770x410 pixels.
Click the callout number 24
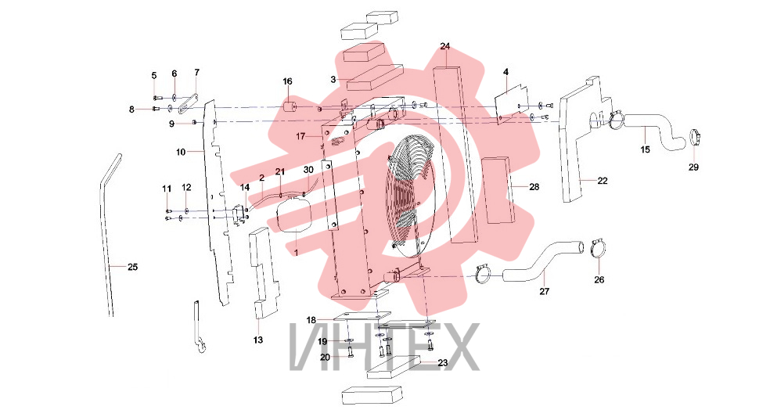(x=445, y=47)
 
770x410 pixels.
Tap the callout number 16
(x=287, y=81)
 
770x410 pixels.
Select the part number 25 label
(x=132, y=267)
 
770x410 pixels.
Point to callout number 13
(x=257, y=340)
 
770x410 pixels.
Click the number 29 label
(x=693, y=167)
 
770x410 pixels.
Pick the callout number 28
(x=534, y=186)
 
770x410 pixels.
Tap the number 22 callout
(x=603, y=181)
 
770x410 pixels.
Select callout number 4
(x=506, y=72)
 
